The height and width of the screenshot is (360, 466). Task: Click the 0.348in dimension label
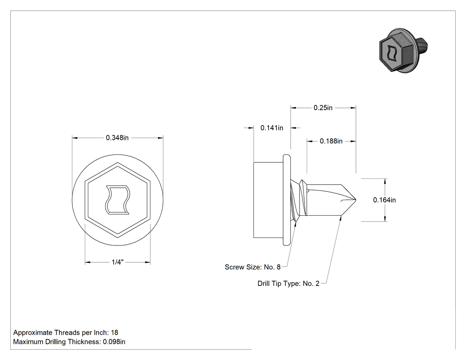click(117, 138)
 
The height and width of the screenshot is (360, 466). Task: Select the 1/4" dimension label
click(118, 262)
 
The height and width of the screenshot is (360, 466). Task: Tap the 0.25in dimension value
click(323, 107)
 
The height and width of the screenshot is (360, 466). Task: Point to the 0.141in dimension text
click(272, 128)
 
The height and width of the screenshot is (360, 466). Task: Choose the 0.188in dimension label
click(331, 141)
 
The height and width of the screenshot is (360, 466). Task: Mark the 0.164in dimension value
click(384, 200)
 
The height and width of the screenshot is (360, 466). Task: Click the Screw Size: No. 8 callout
click(253, 267)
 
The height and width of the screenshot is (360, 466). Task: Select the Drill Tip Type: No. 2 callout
click(288, 283)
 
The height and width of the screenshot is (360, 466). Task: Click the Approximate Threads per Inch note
click(66, 332)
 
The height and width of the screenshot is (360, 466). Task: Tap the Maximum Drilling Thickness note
click(69, 342)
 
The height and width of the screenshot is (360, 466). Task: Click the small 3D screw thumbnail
click(403, 51)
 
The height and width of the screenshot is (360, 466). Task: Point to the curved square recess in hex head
click(118, 200)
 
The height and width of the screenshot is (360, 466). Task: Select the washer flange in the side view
click(287, 200)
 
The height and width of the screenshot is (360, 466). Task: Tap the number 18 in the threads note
click(115, 332)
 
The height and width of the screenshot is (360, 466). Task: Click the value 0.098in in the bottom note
click(114, 342)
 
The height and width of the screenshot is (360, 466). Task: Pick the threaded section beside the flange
click(298, 200)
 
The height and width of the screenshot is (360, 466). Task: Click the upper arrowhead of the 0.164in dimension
click(386, 181)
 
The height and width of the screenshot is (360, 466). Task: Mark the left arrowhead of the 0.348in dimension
click(75, 138)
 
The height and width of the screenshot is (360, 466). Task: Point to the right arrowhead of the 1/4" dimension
click(147, 262)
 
